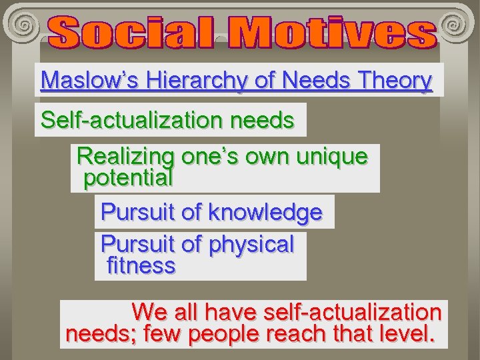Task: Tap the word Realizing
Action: click(x=125, y=157)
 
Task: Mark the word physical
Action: click(x=251, y=245)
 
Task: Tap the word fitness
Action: click(x=141, y=266)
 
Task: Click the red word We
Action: click(x=149, y=311)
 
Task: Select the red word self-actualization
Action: click(x=353, y=311)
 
